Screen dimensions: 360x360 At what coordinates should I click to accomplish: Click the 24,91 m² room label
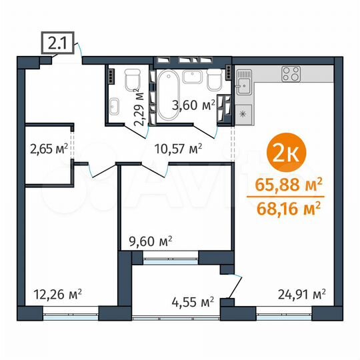[x=301, y=293]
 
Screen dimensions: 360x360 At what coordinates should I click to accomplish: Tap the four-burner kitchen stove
[x=291, y=73]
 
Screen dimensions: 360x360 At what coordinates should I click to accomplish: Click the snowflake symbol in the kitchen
[x=243, y=114]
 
